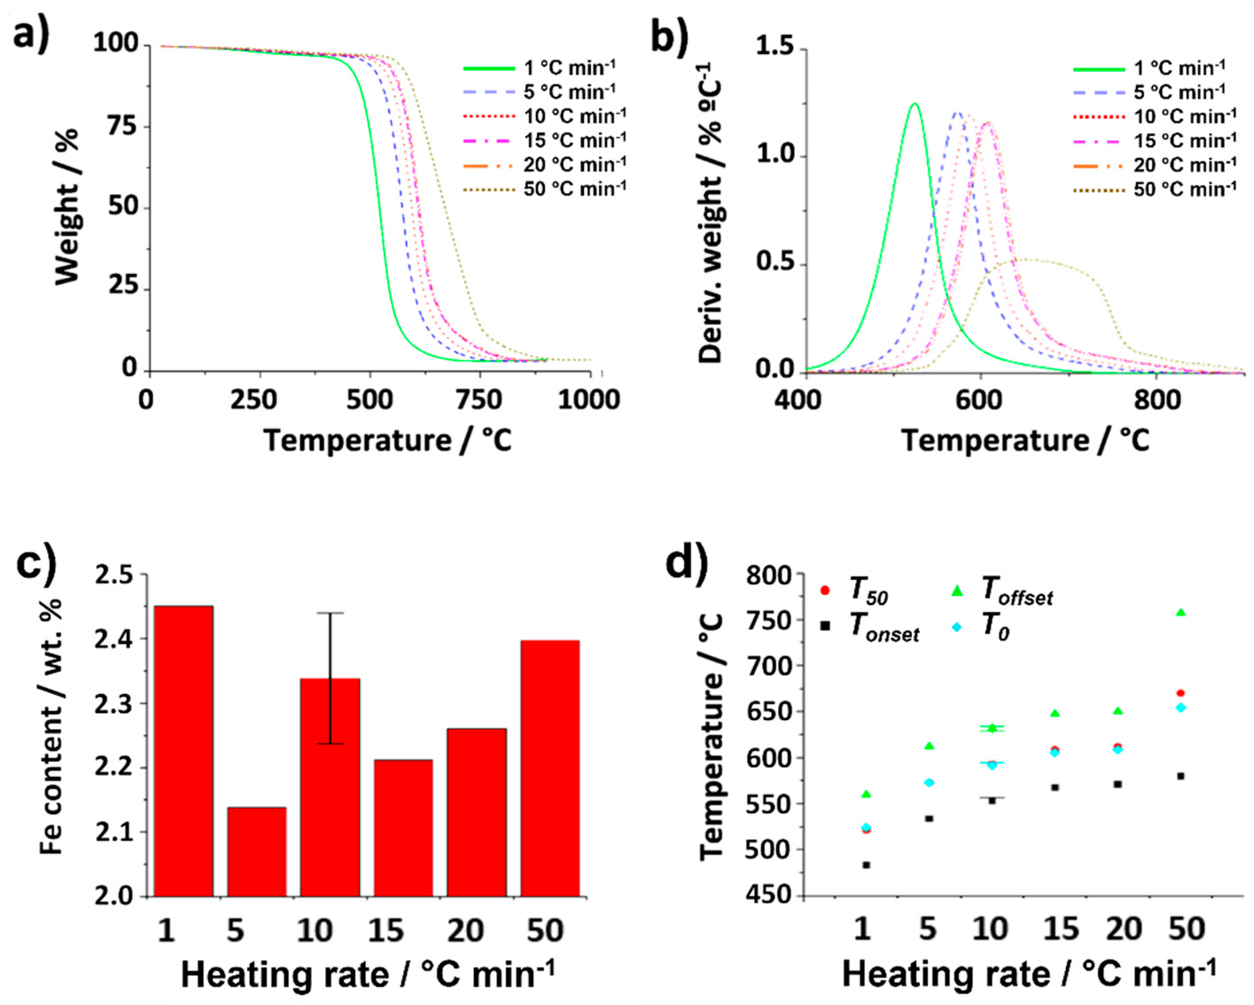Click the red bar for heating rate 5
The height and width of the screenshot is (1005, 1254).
(x=257, y=852)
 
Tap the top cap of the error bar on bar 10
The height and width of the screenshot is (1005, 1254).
(x=330, y=613)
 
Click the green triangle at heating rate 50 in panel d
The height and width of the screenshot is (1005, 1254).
(x=1181, y=612)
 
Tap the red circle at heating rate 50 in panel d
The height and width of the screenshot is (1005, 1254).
(x=1181, y=693)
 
